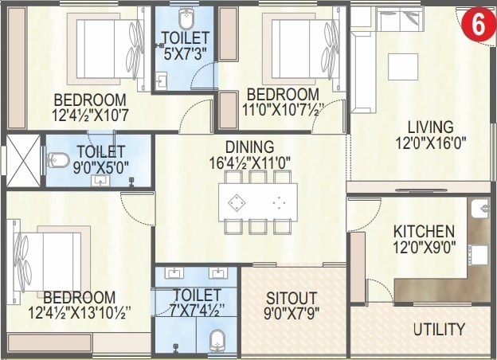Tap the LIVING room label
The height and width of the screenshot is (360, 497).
430,127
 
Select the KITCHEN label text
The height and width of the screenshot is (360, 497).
424,230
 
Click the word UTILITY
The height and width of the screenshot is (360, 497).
439,329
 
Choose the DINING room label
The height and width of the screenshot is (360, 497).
249,147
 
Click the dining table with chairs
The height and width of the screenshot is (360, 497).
256,202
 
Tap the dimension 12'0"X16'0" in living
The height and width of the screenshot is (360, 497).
430,144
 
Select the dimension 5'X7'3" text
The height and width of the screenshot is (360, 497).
185,54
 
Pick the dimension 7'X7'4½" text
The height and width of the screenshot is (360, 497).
197,310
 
